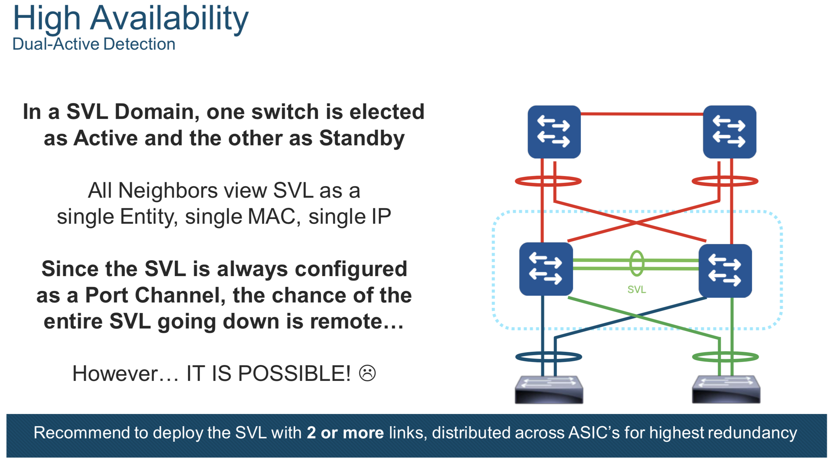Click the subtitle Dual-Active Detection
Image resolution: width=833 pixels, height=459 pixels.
(94, 44)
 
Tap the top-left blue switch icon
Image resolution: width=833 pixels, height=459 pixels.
(554, 132)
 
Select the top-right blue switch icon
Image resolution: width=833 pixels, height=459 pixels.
(729, 132)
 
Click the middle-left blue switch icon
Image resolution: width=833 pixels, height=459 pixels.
(546, 269)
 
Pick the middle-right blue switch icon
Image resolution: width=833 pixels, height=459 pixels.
(725, 271)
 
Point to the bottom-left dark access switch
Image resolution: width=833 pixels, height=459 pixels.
(549, 389)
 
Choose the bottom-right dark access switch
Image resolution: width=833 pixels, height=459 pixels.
(726, 389)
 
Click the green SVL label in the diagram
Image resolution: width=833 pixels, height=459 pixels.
(637, 290)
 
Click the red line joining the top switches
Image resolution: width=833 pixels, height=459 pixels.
(642, 114)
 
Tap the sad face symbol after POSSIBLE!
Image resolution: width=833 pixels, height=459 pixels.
(367, 373)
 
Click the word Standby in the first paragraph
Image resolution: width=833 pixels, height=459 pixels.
(362, 139)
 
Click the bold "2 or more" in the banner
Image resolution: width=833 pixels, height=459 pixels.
(345, 433)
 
